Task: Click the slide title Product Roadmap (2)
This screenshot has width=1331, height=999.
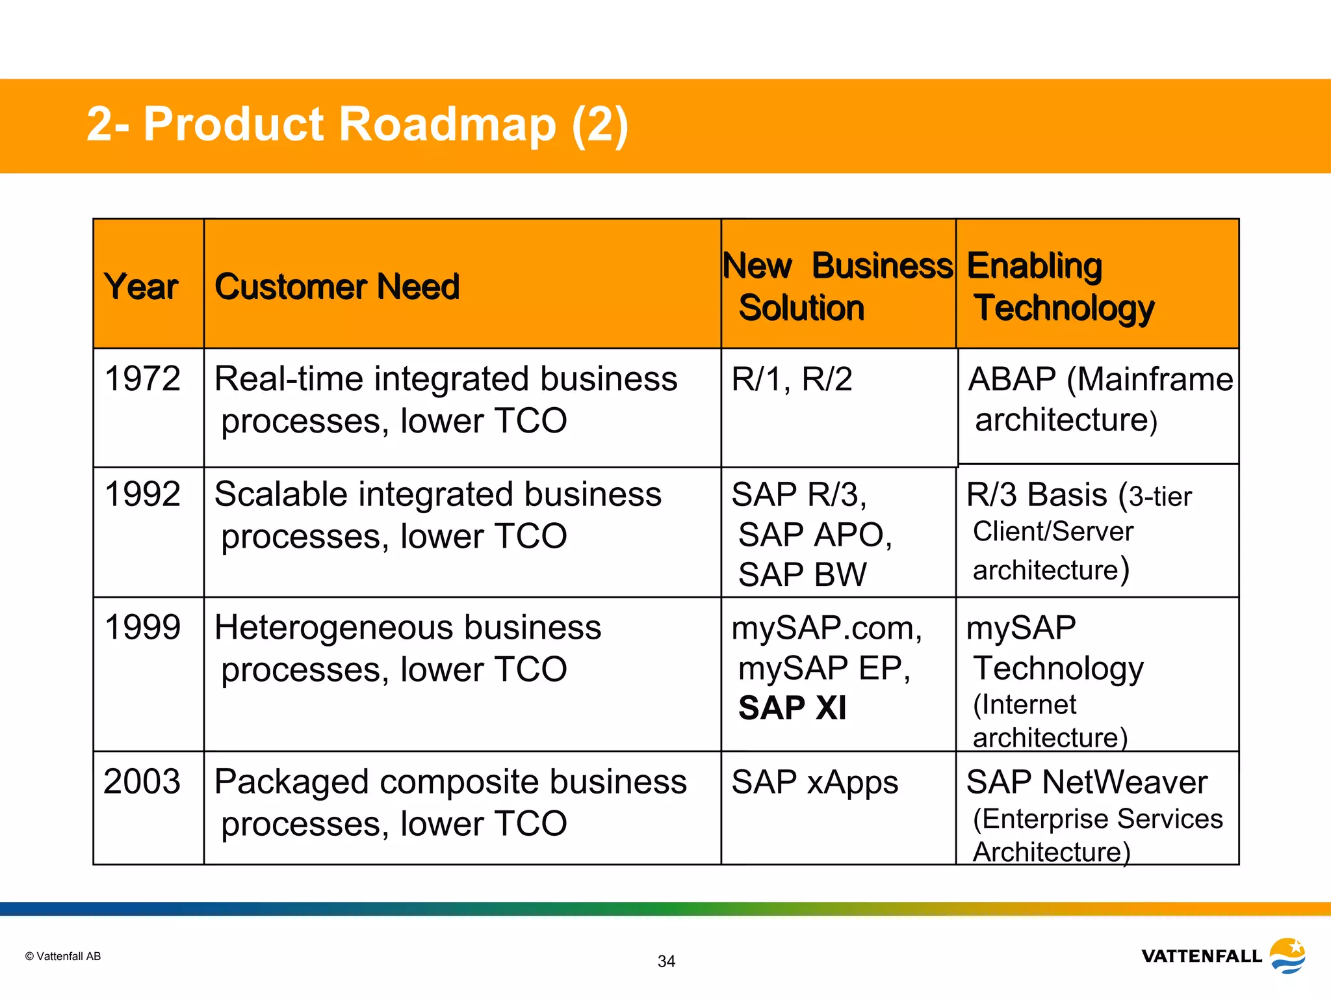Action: tap(357, 124)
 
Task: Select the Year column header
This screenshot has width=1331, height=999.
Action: tap(141, 287)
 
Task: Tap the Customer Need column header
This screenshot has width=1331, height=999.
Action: tap(337, 287)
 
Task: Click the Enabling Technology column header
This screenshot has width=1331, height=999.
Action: tap(1061, 287)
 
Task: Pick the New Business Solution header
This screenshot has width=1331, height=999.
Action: tap(837, 287)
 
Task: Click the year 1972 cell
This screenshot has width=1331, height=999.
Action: tap(142, 379)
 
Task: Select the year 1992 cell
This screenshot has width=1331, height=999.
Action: tap(142, 494)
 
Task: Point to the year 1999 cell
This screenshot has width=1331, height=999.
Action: tap(142, 628)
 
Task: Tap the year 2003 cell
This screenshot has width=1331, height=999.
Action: tap(142, 782)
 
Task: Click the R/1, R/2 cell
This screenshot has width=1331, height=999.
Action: tap(792, 379)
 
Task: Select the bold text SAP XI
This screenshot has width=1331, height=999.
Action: tap(792, 708)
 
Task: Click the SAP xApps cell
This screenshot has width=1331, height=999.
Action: tap(814, 782)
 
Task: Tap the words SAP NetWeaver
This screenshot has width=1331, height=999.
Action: tap(1087, 782)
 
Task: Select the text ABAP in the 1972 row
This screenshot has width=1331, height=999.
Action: tap(1012, 379)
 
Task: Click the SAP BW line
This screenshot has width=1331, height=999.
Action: tap(802, 575)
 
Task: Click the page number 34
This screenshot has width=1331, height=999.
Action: tap(666, 961)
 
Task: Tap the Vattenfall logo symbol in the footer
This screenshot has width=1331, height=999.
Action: tap(1287, 955)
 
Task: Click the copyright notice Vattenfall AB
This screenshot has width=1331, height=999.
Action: tap(63, 956)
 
